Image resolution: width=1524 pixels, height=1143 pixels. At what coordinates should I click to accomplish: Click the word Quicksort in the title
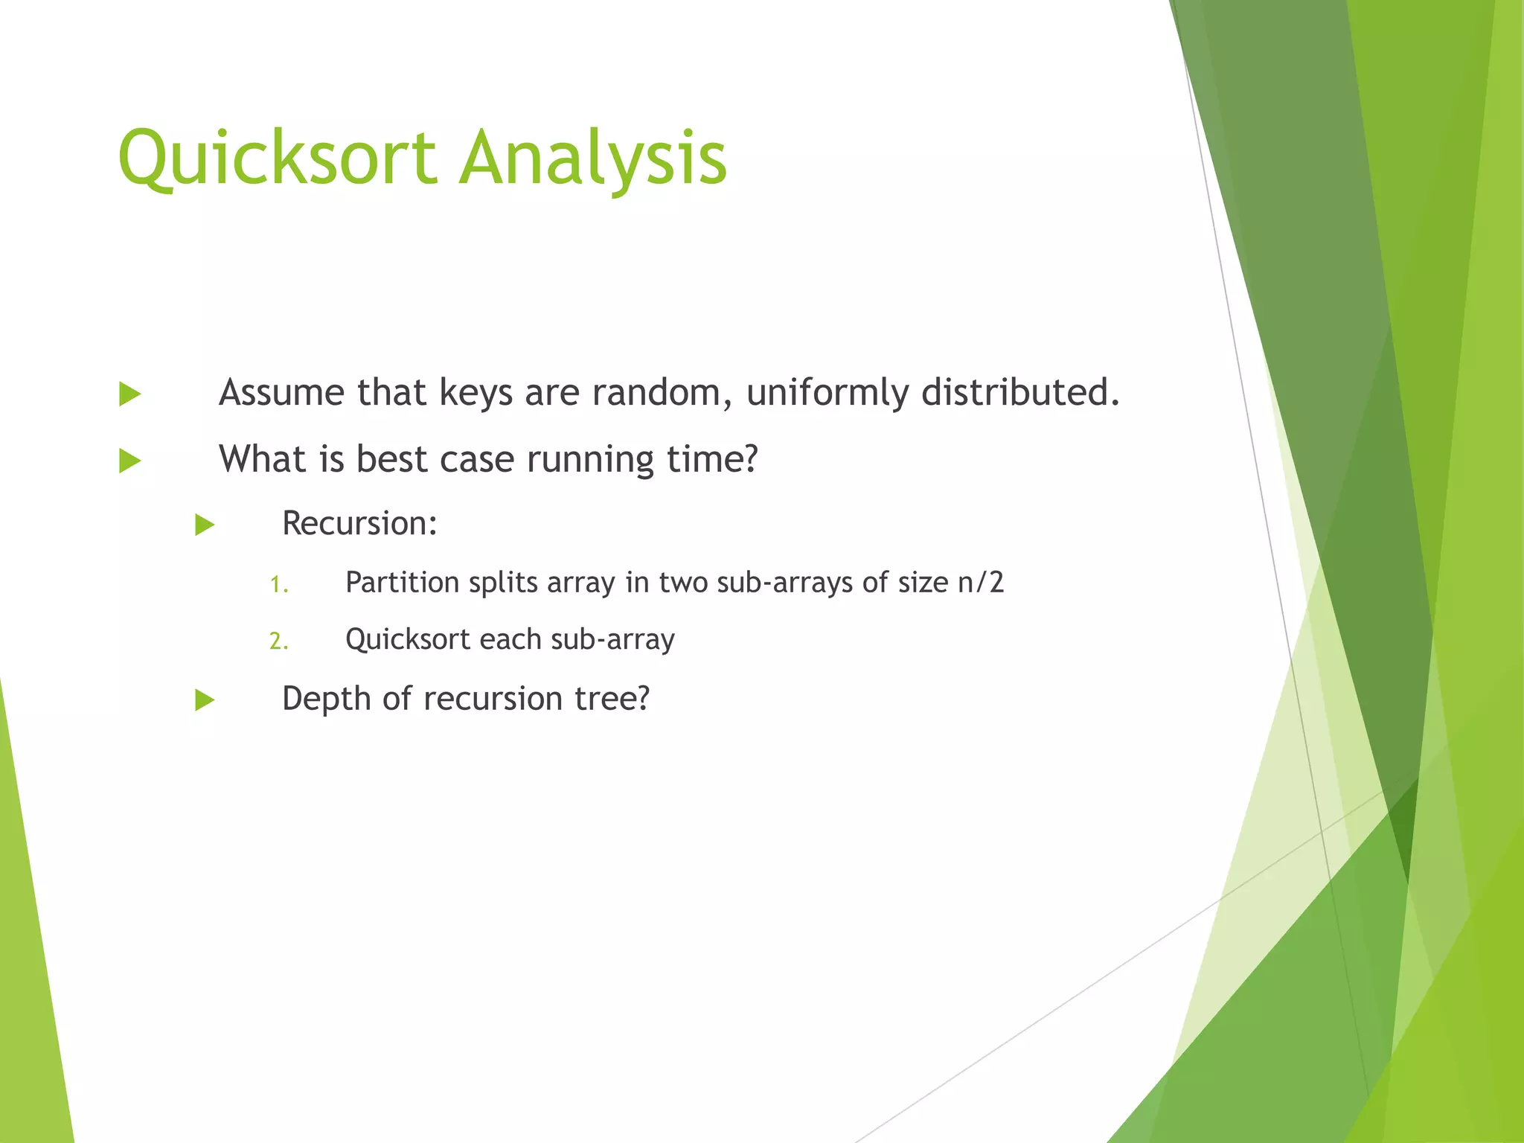277,158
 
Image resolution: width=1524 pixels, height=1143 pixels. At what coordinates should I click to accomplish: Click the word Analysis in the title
592,158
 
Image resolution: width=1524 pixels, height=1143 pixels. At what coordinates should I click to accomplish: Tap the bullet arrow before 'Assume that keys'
129,394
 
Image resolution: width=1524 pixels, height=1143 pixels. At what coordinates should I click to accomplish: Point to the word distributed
1019,392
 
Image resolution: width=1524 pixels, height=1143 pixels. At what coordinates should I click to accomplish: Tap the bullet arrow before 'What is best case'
129,461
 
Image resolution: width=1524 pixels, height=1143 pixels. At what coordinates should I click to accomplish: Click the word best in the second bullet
391,458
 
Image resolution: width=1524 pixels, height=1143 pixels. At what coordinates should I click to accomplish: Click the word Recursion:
359,523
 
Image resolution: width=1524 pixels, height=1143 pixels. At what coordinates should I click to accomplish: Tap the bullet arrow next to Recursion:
205,525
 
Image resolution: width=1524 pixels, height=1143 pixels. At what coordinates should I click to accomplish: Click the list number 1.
278,585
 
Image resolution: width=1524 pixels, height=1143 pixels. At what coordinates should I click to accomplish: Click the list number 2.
278,641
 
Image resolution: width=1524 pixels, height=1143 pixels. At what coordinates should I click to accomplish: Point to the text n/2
981,583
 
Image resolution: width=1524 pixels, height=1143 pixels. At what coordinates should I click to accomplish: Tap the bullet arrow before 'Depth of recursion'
205,700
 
